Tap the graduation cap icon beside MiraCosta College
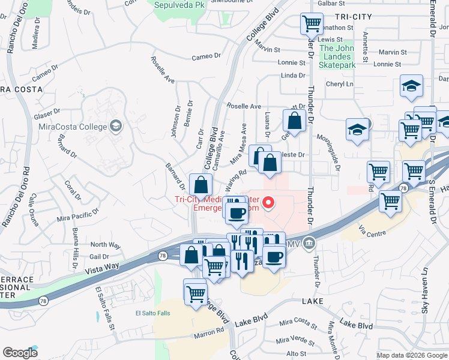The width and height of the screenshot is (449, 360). coord(115,126)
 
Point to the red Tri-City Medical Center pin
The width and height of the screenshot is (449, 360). coord(270,203)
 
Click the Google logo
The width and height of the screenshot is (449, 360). coord(20,353)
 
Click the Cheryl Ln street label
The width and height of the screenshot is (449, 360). coord(339,85)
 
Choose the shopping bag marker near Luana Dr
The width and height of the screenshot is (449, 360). coord(295,121)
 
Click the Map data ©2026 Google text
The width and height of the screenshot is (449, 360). coord(412,355)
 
